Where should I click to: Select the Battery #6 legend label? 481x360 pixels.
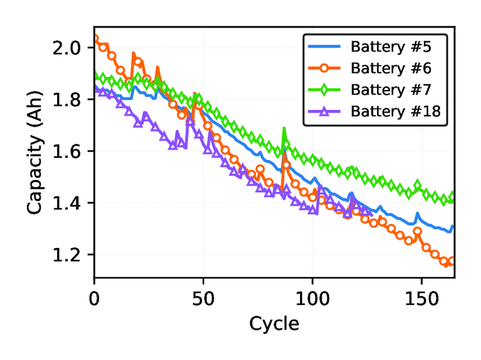coord(391,68)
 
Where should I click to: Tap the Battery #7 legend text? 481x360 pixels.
coord(391,89)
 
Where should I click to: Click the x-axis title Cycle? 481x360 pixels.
coord(274,324)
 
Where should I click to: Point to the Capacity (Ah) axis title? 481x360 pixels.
coord(35,151)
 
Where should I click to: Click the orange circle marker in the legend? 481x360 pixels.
coord(324,68)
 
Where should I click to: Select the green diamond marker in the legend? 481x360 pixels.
coord(324,89)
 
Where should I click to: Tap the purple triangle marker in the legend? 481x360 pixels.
coord(324,111)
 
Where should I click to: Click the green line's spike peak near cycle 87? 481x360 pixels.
coord(284,129)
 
